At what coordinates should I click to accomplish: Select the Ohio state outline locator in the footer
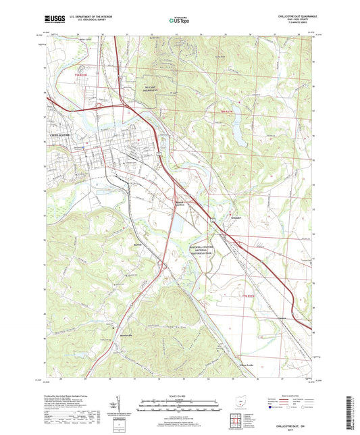(x=236, y=400)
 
